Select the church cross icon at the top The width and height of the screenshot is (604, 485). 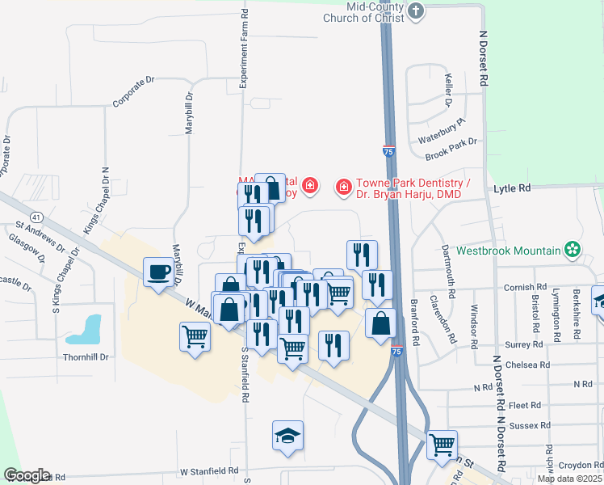(415, 11)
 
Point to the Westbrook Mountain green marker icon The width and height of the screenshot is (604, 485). (573, 250)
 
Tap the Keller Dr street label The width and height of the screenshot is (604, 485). (448, 91)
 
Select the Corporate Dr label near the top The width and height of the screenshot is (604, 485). (133, 92)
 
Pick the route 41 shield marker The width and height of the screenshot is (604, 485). (36, 217)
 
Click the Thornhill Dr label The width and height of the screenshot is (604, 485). (86, 356)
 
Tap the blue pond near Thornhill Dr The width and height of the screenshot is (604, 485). (86, 327)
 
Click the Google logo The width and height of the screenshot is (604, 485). (27, 475)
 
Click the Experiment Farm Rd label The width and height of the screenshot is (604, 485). (244, 48)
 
